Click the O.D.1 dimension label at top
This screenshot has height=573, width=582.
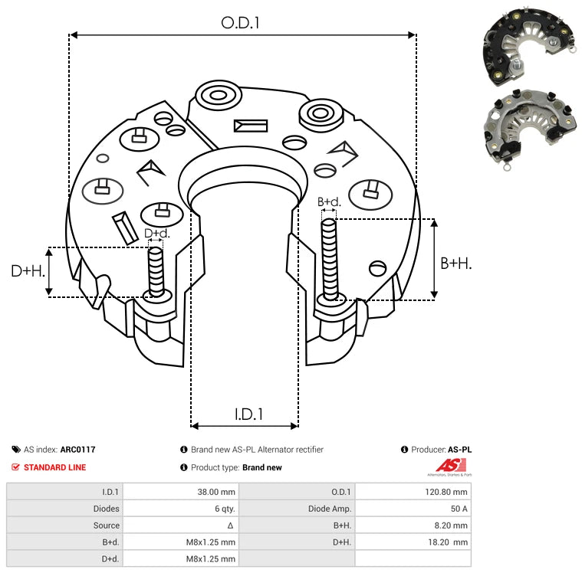pyautogui.click(x=240, y=23)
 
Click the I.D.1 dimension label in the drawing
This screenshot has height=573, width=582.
pyautogui.click(x=248, y=414)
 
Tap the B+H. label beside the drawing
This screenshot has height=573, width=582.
pyautogui.click(x=455, y=263)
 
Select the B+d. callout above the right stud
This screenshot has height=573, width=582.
pyautogui.click(x=329, y=202)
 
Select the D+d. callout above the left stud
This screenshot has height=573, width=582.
pyautogui.click(x=156, y=233)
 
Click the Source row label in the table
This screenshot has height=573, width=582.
pyautogui.click(x=107, y=526)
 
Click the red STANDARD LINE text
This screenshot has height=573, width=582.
pyautogui.click(x=54, y=467)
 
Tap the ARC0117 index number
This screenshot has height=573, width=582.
pyautogui.click(x=77, y=450)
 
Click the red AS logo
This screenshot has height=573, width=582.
pyautogui.click(x=451, y=465)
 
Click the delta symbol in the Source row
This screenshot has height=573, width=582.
pyautogui.click(x=231, y=526)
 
